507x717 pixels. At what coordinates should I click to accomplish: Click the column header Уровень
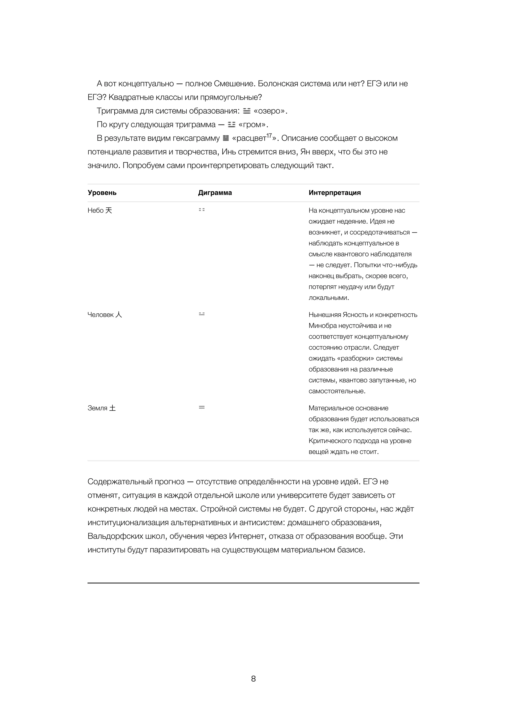coord(102,193)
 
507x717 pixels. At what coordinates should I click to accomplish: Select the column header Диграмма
coord(215,193)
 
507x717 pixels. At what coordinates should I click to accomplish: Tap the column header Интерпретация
coord(335,193)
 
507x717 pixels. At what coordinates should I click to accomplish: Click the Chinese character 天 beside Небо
coord(109,210)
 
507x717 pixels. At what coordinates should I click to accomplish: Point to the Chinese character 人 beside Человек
coord(119,315)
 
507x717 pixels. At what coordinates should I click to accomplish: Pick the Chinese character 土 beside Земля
coord(113,408)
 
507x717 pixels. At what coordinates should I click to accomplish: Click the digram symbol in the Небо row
coord(202,210)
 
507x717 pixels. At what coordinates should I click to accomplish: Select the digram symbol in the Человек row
coord(202,314)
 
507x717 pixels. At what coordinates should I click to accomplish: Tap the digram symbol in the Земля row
coord(202,407)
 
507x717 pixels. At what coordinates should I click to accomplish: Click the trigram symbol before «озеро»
coord(247,111)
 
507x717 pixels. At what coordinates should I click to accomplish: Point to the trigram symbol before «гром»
coord(231,125)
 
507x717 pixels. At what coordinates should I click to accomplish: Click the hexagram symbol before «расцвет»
coord(226,138)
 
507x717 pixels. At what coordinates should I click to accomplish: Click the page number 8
coord(253,679)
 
